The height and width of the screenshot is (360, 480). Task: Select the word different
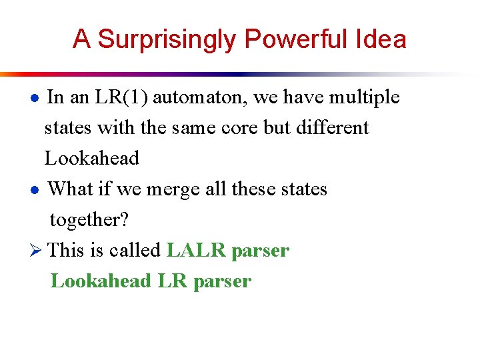331,127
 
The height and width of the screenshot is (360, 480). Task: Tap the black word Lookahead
92,158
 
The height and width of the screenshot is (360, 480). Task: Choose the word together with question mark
89,219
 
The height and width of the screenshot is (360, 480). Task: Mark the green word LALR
197,250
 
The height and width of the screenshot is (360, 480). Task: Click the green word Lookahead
101,281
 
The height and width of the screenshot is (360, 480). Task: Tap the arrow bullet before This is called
38,251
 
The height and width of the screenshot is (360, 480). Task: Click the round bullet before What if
38,190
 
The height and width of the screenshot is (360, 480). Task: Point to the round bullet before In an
38,99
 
